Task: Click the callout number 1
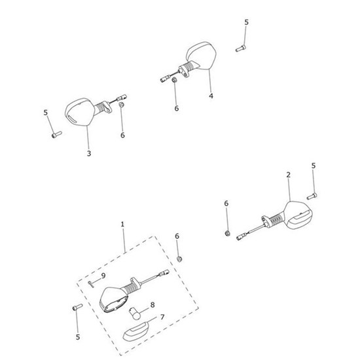(122, 225)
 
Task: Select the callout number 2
(288, 175)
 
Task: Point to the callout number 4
(211, 96)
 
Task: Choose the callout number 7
(162, 317)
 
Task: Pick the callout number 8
(153, 304)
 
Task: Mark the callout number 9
(103, 276)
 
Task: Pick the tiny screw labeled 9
(93, 282)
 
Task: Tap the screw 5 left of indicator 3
(55, 135)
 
